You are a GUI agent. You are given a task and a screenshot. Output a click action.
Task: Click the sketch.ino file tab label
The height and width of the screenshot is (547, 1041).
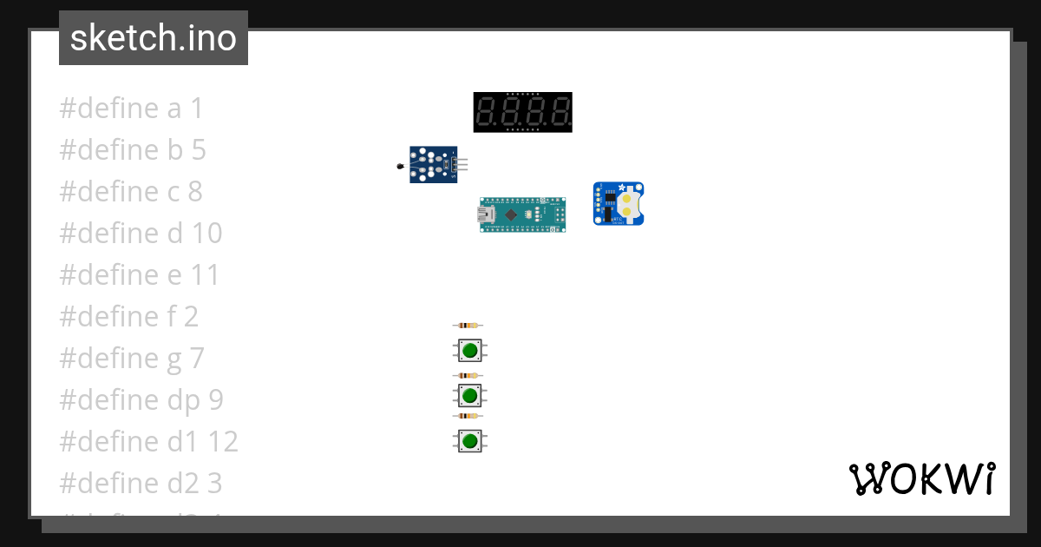pyautogui.click(x=153, y=38)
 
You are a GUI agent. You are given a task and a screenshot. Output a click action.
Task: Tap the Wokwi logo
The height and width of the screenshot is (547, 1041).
pyautogui.click(x=921, y=478)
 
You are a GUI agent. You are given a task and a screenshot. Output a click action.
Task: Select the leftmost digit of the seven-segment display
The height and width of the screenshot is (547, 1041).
pyautogui.click(x=487, y=111)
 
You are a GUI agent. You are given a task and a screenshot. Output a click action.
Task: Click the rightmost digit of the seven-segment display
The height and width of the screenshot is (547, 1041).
pyautogui.click(x=560, y=111)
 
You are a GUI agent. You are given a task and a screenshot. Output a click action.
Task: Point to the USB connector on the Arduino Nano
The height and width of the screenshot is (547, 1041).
pyautogui.click(x=487, y=214)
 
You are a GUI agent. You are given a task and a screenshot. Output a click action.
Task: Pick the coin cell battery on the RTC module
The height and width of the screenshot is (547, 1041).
pyautogui.click(x=627, y=203)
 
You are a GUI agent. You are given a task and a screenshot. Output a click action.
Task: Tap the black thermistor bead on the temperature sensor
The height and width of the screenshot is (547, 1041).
pyautogui.click(x=400, y=166)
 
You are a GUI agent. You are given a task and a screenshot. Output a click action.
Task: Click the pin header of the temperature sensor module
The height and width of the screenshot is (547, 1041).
pyautogui.click(x=462, y=164)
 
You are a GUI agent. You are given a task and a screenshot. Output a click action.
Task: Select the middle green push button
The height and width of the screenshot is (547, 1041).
pyautogui.click(x=470, y=396)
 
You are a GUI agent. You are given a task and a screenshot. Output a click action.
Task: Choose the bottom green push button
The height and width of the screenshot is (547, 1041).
pyautogui.click(x=470, y=441)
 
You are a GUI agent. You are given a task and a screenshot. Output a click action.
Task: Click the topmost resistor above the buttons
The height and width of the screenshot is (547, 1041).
pyautogui.click(x=468, y=326)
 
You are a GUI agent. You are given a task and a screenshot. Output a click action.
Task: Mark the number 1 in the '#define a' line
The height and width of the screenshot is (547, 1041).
pyautogui.click(x=196, y=109)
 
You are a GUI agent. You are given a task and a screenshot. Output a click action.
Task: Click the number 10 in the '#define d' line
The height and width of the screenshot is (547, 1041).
pyautogui.click(x=207, y=234)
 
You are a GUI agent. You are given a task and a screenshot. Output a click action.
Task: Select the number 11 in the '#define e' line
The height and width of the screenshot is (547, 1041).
pyautogui.click(x=206, y=275)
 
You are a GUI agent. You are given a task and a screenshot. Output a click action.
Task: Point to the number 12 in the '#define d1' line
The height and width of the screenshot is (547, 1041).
pyautogui.click(x=223, y=442)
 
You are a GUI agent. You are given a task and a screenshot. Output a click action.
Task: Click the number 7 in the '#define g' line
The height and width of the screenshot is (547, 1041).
pyautogui.click(x=196, y=359)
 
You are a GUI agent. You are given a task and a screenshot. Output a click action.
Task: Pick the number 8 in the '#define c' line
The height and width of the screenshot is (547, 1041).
pyautogui.click(x=194, y=192)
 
